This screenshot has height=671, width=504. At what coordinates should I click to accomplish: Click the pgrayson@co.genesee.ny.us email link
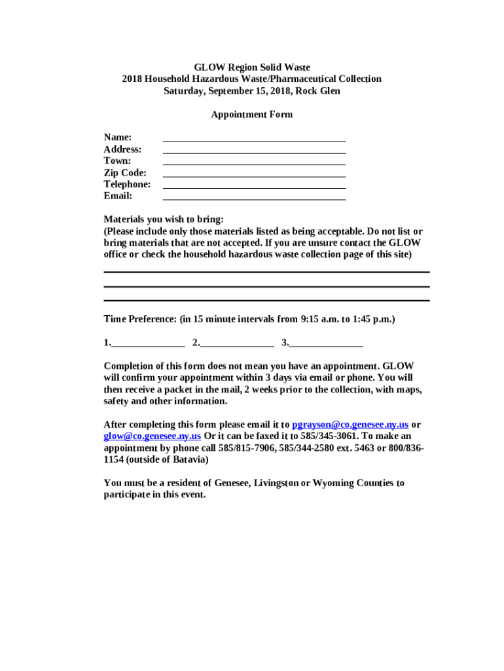pyautogui.click(x=350, y=424)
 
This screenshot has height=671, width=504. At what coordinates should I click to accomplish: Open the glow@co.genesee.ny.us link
pyautogui.click(x=152, y=436)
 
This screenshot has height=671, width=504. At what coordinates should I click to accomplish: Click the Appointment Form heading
pyautogui.click(x=251, y=115)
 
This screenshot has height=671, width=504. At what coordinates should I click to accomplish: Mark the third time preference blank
pyautogui.click(x=326, y=343)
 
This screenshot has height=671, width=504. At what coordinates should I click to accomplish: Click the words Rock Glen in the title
pyautogui.click(x=317, y=91)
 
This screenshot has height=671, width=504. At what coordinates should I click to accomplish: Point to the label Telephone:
pyautogui.click(x=127, y=184)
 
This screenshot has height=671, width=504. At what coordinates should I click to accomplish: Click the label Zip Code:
pyautogui.click(x=125, y=172)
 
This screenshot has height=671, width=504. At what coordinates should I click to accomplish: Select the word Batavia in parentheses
pyautogui.click(x=187, y=459)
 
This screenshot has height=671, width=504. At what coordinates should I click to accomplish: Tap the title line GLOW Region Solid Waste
pyautogui.click(x=251, y=67)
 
